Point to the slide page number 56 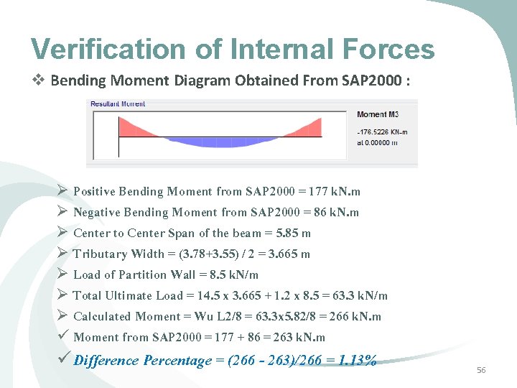coord(481,369)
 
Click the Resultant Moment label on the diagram coord(118,104)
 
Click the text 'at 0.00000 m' coord(377,142)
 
